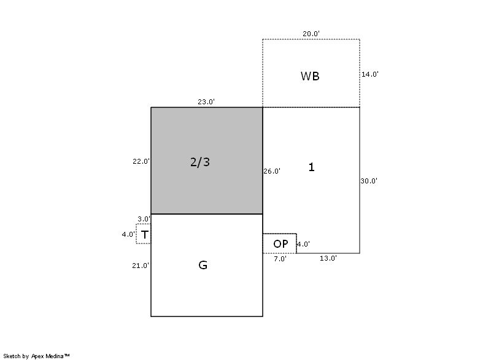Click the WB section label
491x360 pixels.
click(x=310, y=76)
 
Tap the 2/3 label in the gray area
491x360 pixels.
click(x=200, y=162)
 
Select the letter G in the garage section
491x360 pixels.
click(x=203, y=265)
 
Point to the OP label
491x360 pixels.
click(x=280, y=244)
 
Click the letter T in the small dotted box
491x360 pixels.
click(x=144, y=234)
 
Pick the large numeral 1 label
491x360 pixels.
click(x=311, y=167)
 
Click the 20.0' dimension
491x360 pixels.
click(x=311, y=34)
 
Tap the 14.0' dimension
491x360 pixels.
click(x=370, y=74)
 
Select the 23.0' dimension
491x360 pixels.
click(x=206, y=102)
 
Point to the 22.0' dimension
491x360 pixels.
click(x=141, y=161)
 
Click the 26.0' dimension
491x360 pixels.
click(x=272, y=171)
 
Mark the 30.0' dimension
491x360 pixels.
click(x=369, y=181)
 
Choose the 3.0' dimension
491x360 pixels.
click(x=144, y=219)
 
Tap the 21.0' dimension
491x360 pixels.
click(x=141, y=266)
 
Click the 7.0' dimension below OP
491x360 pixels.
click(x=280, y=259)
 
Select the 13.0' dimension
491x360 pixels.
click(x=328, y=258)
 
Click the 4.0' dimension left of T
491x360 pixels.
click(x=128, y=234)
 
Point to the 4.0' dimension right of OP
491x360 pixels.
click(x=303, y=244)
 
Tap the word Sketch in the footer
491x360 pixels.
click(x=12, y=356)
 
